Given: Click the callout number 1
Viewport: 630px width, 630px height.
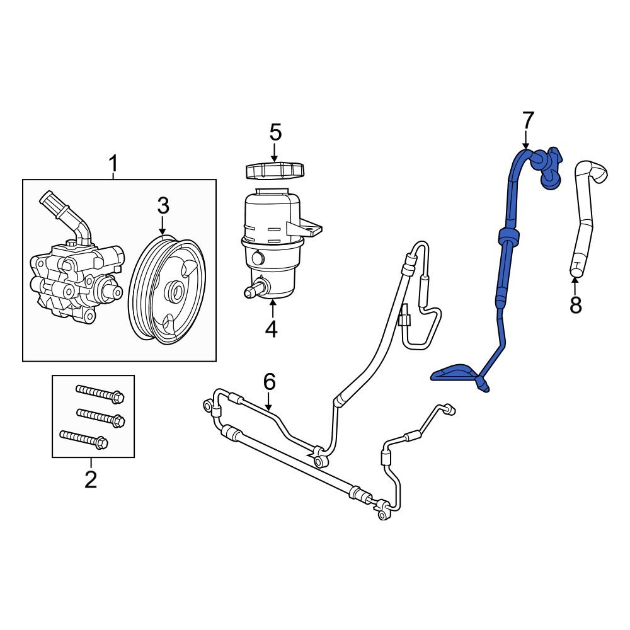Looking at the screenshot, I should pos(113,164).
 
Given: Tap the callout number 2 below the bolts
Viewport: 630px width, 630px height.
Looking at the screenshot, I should pos(91,479).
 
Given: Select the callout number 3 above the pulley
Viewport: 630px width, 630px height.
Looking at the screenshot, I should pos(163,205).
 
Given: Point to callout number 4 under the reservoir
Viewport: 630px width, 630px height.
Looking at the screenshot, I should pos(272,328).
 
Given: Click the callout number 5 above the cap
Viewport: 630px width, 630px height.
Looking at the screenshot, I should pos(275,132).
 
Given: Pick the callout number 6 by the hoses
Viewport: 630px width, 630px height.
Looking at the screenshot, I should pos(269,381).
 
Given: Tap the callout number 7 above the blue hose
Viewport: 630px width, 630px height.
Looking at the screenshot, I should pos(527,120).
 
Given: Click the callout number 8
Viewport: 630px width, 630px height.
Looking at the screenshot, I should pos(575,305).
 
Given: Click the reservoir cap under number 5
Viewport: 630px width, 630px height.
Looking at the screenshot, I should pos(274,171).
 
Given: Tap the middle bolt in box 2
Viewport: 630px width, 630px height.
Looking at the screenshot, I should pos(101,416).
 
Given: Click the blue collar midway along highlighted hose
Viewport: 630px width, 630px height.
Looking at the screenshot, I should pos(508,238).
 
